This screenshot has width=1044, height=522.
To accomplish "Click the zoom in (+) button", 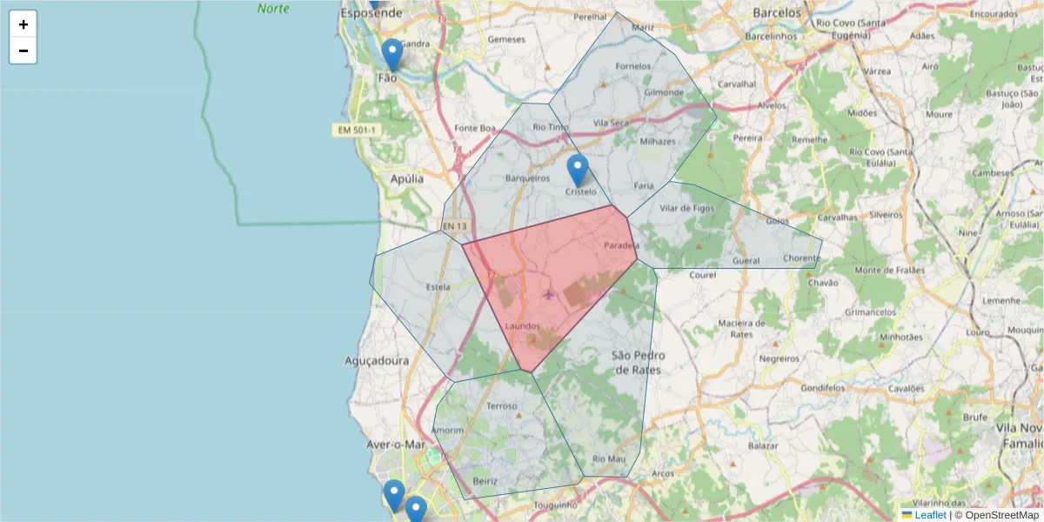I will click(x=23, y=24).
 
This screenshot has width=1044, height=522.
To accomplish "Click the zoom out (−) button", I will click(x=23, y=50).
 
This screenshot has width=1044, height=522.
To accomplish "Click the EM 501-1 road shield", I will click(x=357, y=130).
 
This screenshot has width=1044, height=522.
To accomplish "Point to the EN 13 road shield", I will click(x=454, y=227).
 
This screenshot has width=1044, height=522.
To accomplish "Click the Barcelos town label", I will click(x=776, y=13).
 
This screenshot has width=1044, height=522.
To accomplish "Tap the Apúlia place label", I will click(x=407, y=178).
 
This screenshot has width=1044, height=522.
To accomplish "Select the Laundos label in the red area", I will click(x=522, y=326).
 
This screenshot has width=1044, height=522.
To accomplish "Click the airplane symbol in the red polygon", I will click(x=548, y=294).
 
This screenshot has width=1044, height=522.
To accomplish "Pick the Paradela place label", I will click(x=621, y=246).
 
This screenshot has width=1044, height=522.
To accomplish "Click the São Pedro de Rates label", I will click(x=636, y=362).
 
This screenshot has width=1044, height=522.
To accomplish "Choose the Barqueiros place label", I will click(x=527, y=178).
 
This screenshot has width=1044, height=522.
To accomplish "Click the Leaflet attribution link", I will click(x=930, y=515).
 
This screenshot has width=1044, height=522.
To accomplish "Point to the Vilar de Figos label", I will click(x=687, y=208).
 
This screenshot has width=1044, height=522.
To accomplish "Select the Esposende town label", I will click(x=371, y=14).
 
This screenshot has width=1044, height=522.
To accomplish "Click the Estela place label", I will click(x=438, y=285).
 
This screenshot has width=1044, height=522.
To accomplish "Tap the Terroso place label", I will click(x=502, y=405).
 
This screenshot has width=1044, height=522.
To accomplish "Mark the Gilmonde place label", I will click(x=664, y=92).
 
